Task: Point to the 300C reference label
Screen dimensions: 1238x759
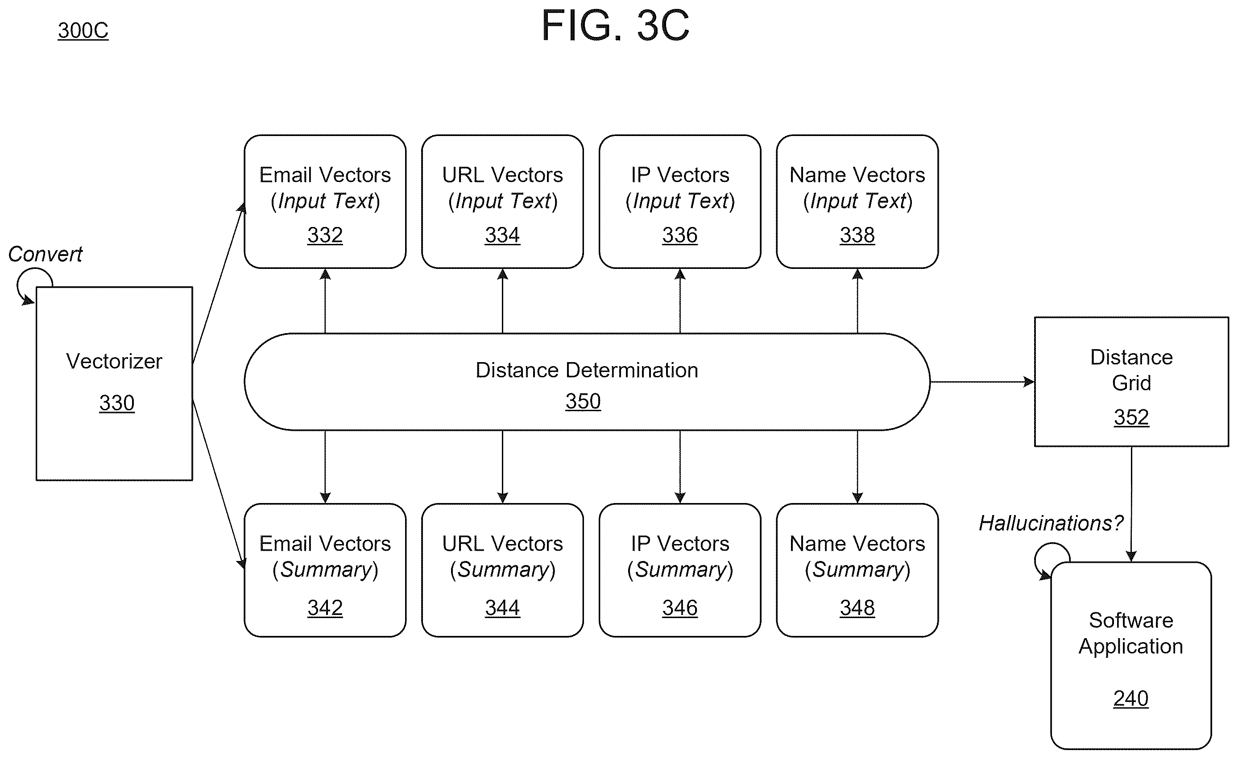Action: pos(83,31)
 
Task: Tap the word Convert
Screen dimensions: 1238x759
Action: pos(45,254)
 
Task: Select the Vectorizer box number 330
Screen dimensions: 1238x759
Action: pos(116,403)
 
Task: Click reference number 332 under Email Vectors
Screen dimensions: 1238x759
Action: pos(325,235)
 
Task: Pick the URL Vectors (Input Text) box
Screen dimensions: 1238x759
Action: pos(502,202)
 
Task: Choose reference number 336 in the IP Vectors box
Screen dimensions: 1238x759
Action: pos(680,235)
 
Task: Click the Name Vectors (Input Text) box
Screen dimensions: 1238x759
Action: pos(857,202)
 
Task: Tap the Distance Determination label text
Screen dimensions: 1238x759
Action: pos(587,370)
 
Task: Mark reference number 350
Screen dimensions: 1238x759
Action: pos(583,401)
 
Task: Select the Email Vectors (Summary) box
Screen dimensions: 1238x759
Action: pos(325,570)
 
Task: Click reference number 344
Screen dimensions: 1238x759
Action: pos(502,608)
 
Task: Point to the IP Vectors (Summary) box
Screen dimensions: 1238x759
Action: pos(680,570)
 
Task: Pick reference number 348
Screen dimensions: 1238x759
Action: pos(857,608)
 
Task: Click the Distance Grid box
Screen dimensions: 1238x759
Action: pos(1131,382)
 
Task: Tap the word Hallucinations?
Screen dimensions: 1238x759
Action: pos(1051,524)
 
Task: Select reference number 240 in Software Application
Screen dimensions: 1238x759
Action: pos(1131,698)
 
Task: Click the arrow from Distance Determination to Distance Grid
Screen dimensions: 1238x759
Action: pos(982,382)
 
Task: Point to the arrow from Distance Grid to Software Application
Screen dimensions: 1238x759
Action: pos(1131,504)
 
